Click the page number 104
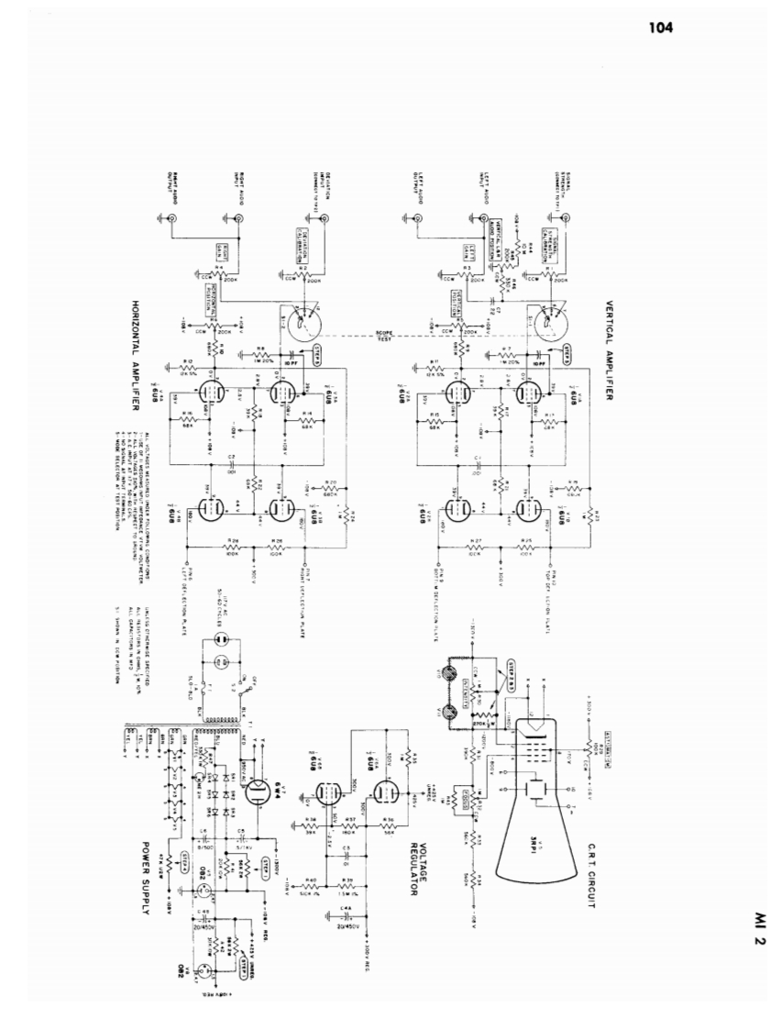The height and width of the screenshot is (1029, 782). coord(660,28)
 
